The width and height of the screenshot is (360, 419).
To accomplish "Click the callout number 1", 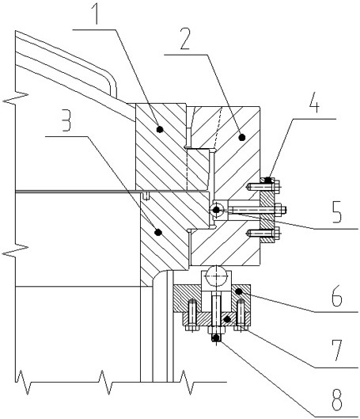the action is tap(96, 13).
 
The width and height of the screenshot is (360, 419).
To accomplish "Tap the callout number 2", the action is tap(185, 39).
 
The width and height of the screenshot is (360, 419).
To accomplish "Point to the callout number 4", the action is tap(314, 102).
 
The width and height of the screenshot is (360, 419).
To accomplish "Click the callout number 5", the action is tap(337, 212).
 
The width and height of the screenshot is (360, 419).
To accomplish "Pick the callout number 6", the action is tap(337, 295).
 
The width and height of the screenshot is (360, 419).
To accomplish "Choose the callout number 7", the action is tap(337, 351).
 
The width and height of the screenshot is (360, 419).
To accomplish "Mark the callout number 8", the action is tap(337, 400).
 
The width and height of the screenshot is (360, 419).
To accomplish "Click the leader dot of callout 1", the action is tap(160, 129).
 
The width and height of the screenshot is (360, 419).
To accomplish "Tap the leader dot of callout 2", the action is tap(242, 137).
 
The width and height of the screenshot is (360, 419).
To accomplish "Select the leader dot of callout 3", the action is tap(158, 232).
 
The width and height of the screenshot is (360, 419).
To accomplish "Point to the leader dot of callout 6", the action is tap(239, 291).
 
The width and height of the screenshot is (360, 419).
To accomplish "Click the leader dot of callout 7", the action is tap(227, 318).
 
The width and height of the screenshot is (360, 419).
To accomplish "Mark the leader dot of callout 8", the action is tap(216, 338).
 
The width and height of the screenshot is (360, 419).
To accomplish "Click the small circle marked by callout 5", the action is tap(217, 210).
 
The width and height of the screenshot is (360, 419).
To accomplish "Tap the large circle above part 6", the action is tap(217, 276).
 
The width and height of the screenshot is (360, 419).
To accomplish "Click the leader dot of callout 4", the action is tap(269, 179).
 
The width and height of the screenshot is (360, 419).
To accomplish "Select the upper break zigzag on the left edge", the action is tap(16, 98).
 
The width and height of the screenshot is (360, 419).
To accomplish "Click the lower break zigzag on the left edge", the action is tap(16, 250).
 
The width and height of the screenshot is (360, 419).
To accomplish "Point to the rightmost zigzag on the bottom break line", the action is tap(188, 382).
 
